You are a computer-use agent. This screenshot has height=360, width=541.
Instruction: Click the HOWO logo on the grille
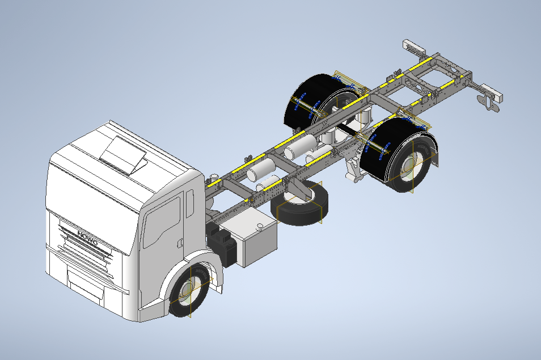coord(88,238)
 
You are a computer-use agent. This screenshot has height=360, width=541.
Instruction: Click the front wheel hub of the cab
coord(189,290)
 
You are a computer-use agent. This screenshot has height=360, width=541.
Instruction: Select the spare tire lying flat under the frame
coord(299,204)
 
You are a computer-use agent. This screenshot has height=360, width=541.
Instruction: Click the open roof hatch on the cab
coord(123,155)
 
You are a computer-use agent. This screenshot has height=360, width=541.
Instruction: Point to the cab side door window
coord(161,223)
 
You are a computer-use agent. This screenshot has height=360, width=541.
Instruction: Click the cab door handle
coord(180,243)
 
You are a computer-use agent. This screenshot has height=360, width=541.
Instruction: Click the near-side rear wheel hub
coord(411,167)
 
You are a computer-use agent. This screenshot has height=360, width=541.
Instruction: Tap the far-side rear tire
coord(311,100)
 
